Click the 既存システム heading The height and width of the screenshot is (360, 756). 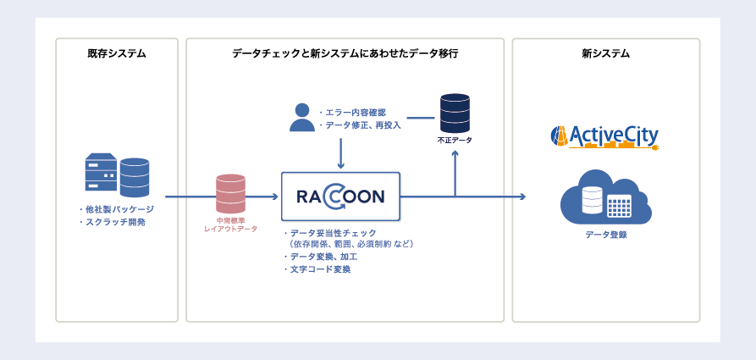(117, 53)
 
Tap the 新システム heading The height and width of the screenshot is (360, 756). (605, 53)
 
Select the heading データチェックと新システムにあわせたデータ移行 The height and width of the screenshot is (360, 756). (345, 53)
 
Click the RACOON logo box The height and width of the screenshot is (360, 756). (340, 197)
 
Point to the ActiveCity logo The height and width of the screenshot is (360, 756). (604, 136)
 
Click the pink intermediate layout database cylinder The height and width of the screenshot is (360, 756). (230, 194)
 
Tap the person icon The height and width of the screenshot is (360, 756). (301, 118)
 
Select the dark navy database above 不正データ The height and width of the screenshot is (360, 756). (455, 112)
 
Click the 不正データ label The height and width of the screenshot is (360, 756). (455, 139)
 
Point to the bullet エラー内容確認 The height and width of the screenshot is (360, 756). (355, 112)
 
